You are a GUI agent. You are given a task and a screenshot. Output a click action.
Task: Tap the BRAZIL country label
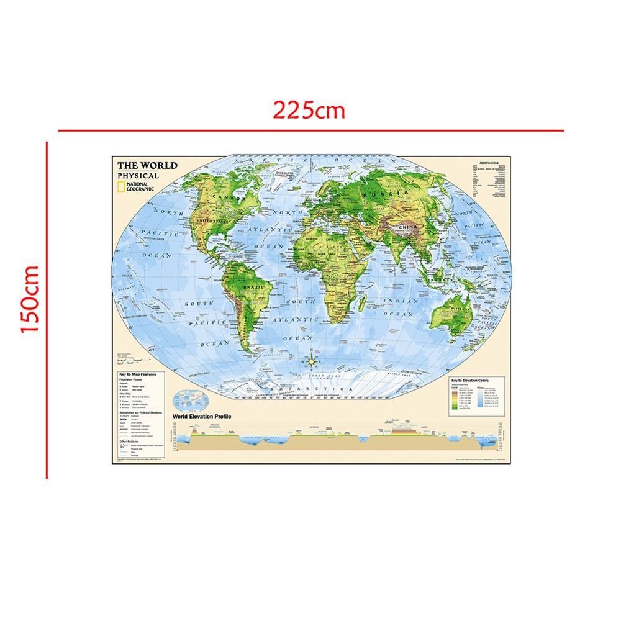256,288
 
